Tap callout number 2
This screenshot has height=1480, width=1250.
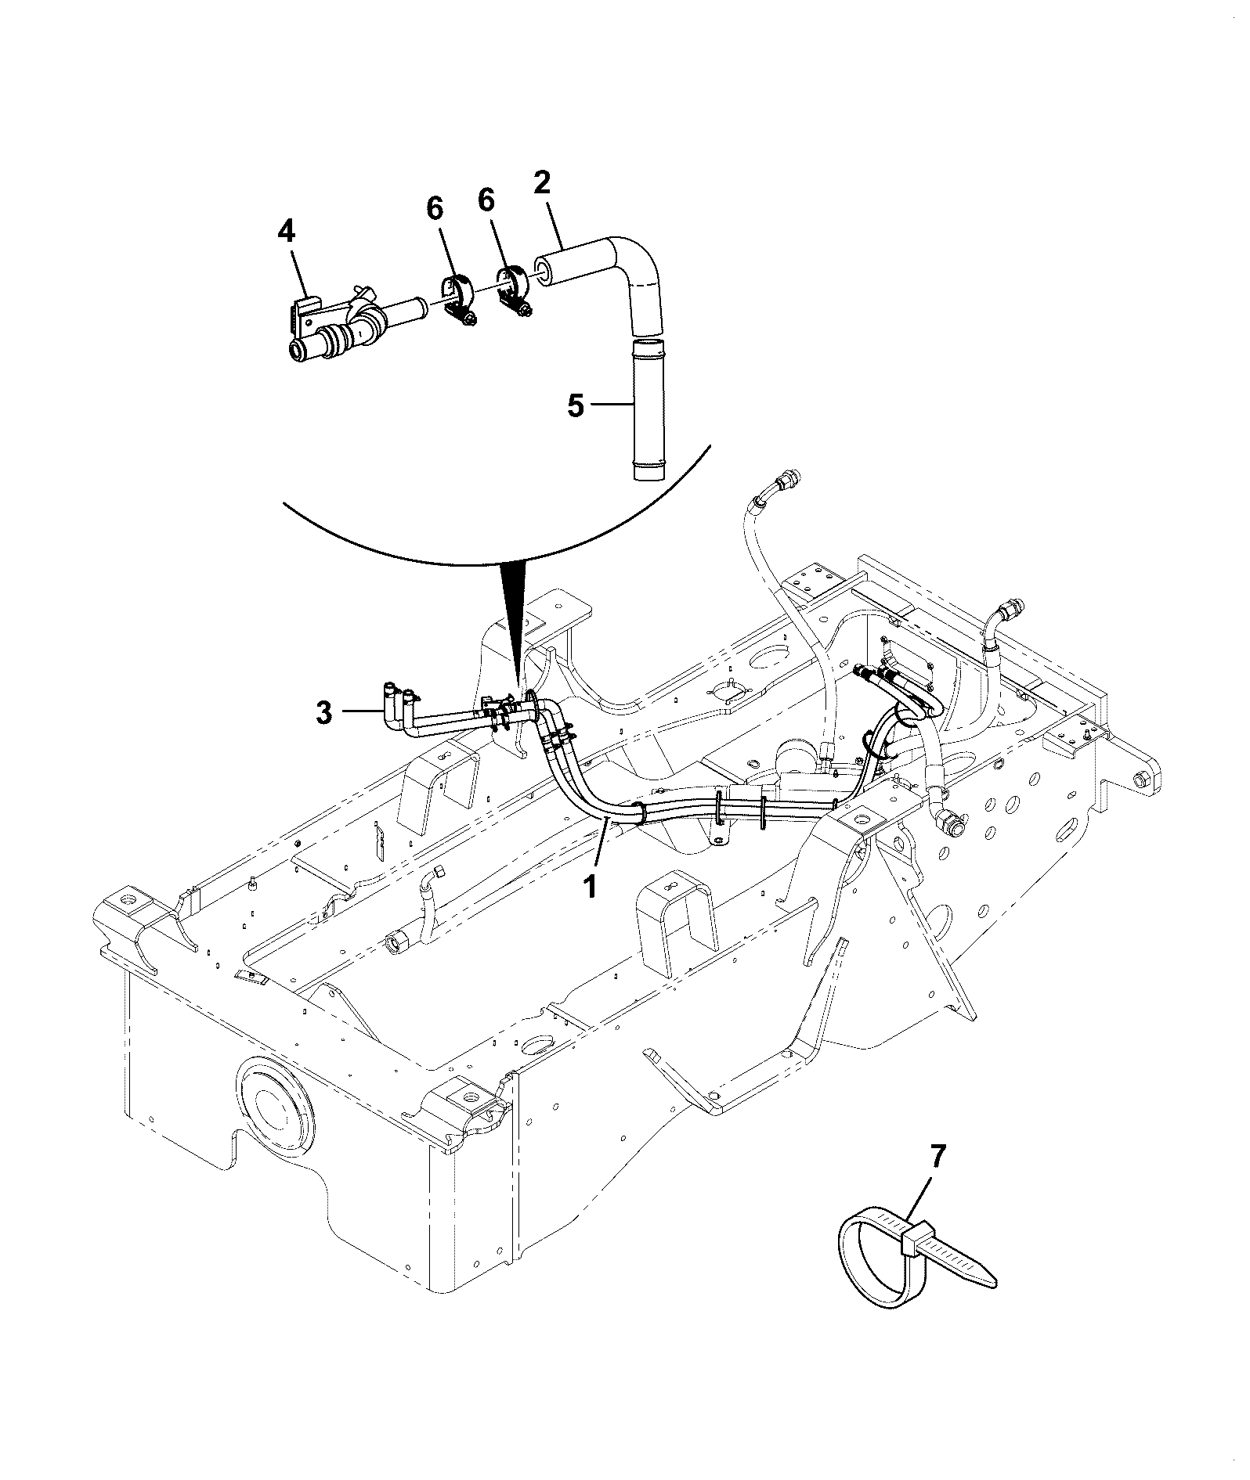[541, 183]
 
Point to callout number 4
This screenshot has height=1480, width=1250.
[287, 232]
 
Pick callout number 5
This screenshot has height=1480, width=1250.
[576, 406]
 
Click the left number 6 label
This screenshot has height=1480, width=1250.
[435, 209]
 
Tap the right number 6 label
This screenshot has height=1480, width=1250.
[486, 201]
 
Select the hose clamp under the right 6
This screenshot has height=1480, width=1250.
[513, 293]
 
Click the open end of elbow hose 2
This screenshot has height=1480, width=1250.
[542, 268]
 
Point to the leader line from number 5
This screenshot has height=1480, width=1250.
[609, 405]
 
